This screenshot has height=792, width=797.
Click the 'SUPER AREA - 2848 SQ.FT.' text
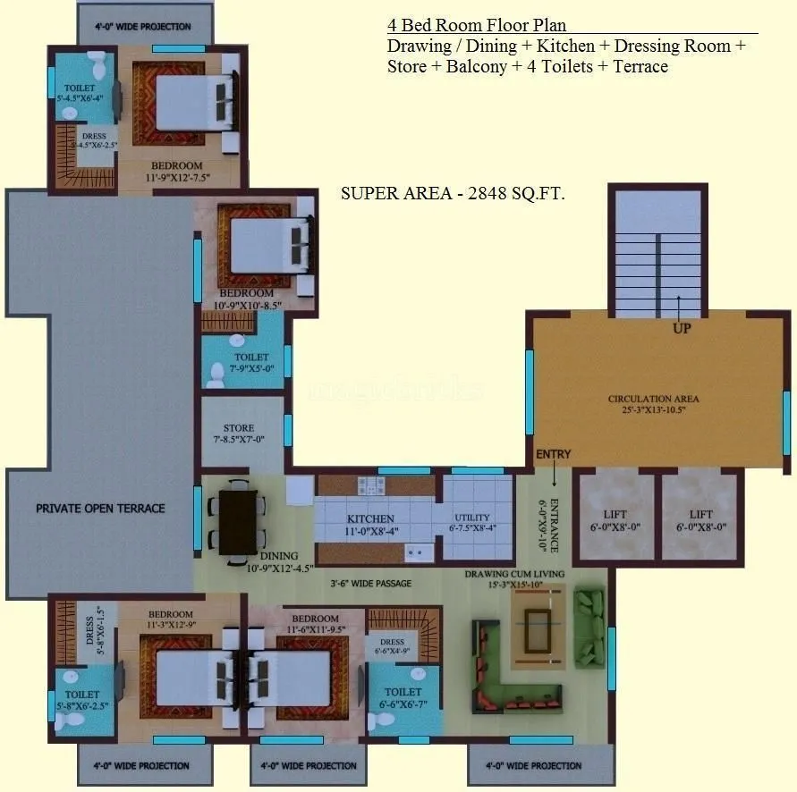(x=453, y=193)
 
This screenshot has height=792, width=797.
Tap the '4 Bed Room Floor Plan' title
(x=476, y=26)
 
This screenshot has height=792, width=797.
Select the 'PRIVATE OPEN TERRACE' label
(x=100, y=508)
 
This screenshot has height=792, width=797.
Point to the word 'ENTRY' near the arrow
(x=553, y=454)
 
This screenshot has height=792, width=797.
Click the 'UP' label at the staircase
(x=682, y=328)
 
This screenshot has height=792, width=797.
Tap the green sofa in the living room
(x=589, y=626)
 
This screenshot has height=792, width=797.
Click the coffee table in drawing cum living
(x=538, y=623)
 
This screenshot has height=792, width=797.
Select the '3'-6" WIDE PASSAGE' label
(x=370, y=584)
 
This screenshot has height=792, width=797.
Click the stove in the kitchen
(x=370, y=486)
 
